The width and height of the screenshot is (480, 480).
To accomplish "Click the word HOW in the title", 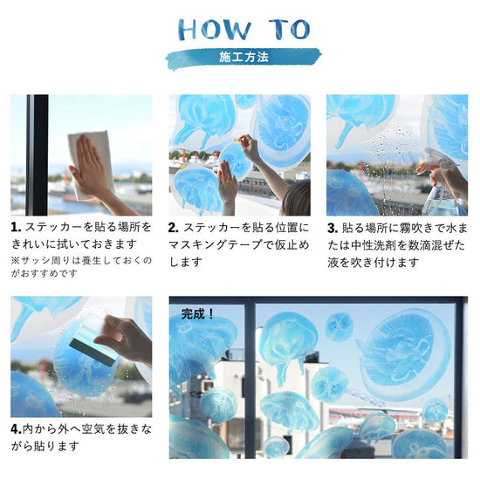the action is pyautogui.click(x=215, y=30).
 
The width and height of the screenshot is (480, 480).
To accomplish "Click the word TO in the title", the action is pyautogui.click(x=290, y=30).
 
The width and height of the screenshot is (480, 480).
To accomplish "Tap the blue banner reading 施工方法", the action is pyautogui.click(x=243, y=58).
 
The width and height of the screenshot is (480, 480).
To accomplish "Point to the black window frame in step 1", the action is pyautogui.click(x=38, y=154).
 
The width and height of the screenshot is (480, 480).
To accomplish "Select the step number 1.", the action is pyautogui.click(x=16, y=228).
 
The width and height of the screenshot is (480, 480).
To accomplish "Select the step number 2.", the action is pyautogui.click(x=174, y=228).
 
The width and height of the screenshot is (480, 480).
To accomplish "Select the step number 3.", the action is pyautogui.click(x=333, y=228).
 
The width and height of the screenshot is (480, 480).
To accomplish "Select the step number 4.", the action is pyautogui.click(x=16, y=429).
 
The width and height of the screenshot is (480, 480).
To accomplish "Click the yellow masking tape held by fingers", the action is pyautogui.click(x=237, y=140).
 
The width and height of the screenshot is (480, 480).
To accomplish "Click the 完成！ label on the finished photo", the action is pyautogui.click(x=197, y=314).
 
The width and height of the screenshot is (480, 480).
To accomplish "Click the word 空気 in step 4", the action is pyautogui.click(x=93, y=429).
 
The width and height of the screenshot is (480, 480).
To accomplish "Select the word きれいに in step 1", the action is pyautogui.click(x=35, y=244).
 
